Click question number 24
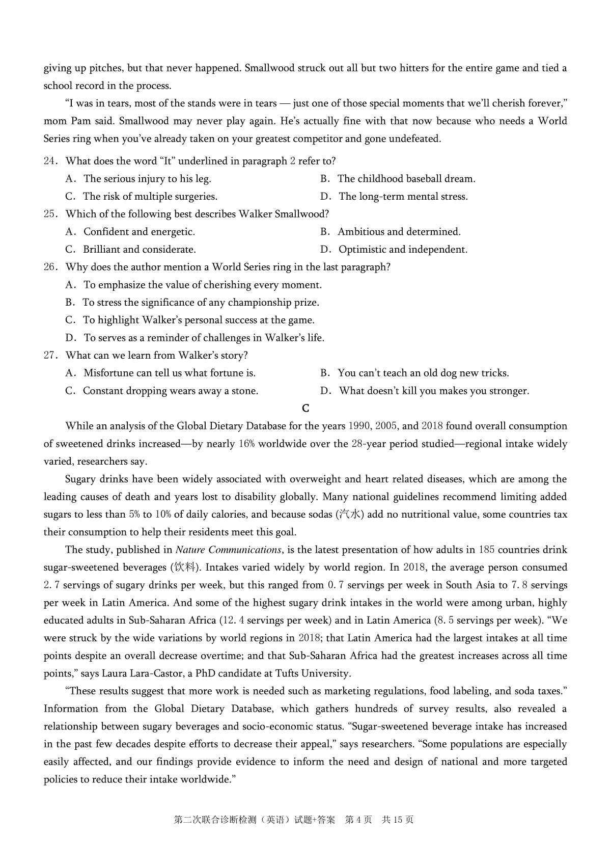pyautogui.click(x=49, y=161)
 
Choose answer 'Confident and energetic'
pyautogui.click(x=139, y=232)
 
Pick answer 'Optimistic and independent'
pyautogui.click(x=403, y=250)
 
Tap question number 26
pyautogui.click(x=49, y=267)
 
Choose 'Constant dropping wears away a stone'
pyautogui.click(x=170, y=391)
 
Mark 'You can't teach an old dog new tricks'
pyautogui.click(x=423, y=373)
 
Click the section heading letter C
pyautogui.click(x=305, y=409)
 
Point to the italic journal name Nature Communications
pyautogui.click(x=229, y=550)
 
